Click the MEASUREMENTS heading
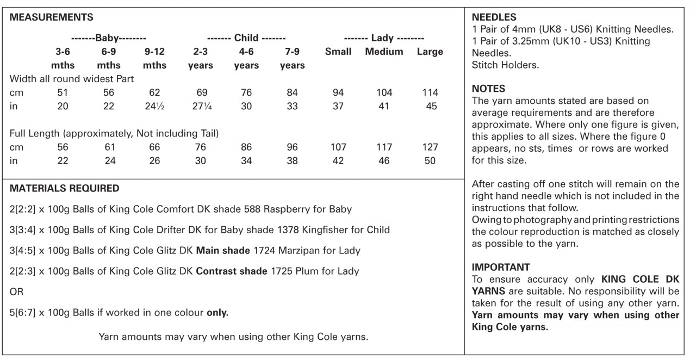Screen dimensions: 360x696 pos(52,17)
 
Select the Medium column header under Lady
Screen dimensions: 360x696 pos(384,52)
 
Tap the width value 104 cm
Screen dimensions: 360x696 pos(384,93)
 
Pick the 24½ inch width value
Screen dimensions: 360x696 pos(154,107)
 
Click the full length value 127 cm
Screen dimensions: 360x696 pos(430,147)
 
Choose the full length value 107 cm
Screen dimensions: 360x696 pos(338,147)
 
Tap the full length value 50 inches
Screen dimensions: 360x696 pos(430,161)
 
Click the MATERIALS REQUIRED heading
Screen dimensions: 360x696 pos(65,189)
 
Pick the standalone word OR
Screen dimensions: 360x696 pos(16,292)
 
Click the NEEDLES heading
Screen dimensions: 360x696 pos(494,17)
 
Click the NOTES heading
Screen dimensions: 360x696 pos(488,89)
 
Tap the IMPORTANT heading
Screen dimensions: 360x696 pos(501,268)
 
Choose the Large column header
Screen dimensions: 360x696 pos(430,52)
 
